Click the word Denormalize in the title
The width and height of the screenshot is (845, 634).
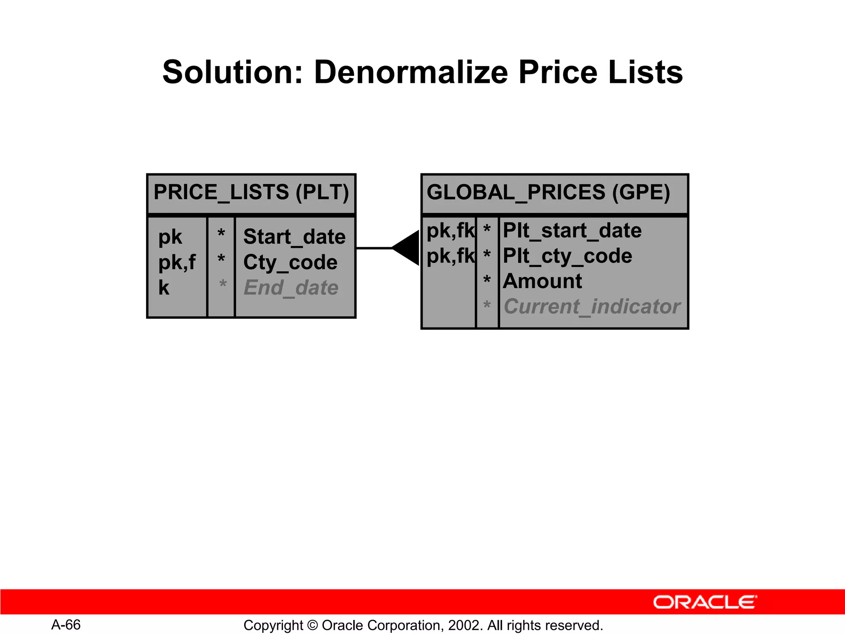(411, 72)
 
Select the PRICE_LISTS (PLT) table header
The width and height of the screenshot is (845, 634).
(251, 192)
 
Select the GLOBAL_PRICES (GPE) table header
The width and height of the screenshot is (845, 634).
(548, 192)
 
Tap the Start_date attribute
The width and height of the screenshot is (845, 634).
(294, 237)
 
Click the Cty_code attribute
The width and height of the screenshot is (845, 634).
(290, 263)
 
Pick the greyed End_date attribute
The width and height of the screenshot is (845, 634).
(291, 288)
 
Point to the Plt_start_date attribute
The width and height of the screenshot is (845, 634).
(572, 230)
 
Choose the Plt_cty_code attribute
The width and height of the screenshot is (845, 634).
(567, 256)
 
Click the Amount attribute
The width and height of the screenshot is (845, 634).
(542, 281)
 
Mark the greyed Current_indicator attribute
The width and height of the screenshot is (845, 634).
(592, 307)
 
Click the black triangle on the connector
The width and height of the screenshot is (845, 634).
(408, 248)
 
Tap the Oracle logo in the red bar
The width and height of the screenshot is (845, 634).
(705, 602)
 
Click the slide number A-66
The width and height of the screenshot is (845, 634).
(66, 625)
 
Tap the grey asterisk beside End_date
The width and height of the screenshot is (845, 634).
(222, 285)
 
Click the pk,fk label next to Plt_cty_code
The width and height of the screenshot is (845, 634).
(450, 256)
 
